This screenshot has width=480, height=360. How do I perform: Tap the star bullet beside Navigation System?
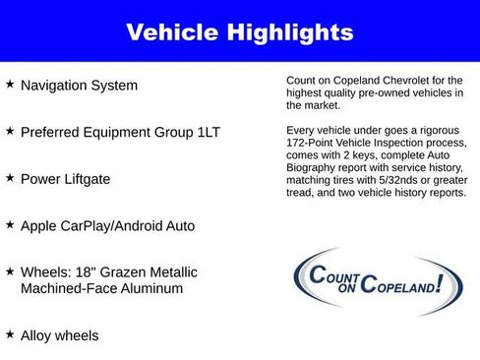tap(10, 85)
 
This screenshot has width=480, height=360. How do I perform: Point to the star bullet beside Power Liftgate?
tap(10, 178)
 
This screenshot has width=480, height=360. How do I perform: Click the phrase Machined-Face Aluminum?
tap(101, 289)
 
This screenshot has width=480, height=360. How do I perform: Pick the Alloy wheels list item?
tap(59, 335)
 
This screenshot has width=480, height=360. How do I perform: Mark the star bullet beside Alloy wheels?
tap(10, 334)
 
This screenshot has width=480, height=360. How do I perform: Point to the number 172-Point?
tap(312, 143)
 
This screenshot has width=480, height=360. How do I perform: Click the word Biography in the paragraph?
tap(315, 168)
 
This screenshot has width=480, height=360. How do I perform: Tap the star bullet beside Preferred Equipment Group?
tap(10, 131)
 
